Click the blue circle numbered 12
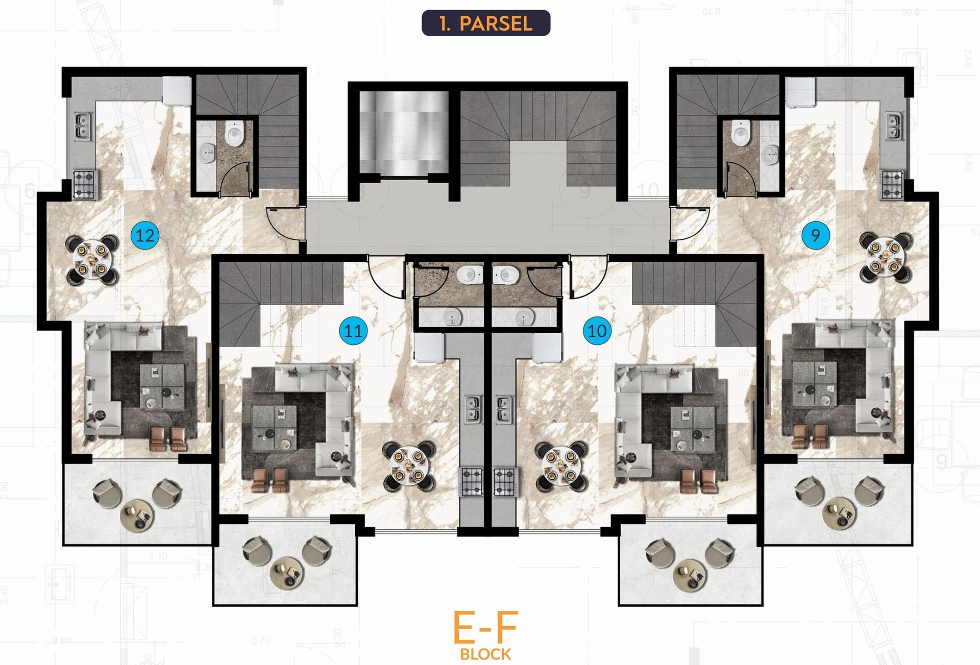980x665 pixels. (x=145, y=235)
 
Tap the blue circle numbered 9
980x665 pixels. (x=815, y=235)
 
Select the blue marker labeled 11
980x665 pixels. (x=353, y=331)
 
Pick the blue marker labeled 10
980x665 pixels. (x=597, y=331)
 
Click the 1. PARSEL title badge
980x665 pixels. (x=485, y=23)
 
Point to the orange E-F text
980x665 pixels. (x=485, y=628)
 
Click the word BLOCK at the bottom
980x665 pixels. (x=485, y=654)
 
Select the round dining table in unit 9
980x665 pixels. (x=885, y=256)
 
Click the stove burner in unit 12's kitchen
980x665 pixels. (x=85, y=184)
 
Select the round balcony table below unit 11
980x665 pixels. (x=285, y=573)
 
